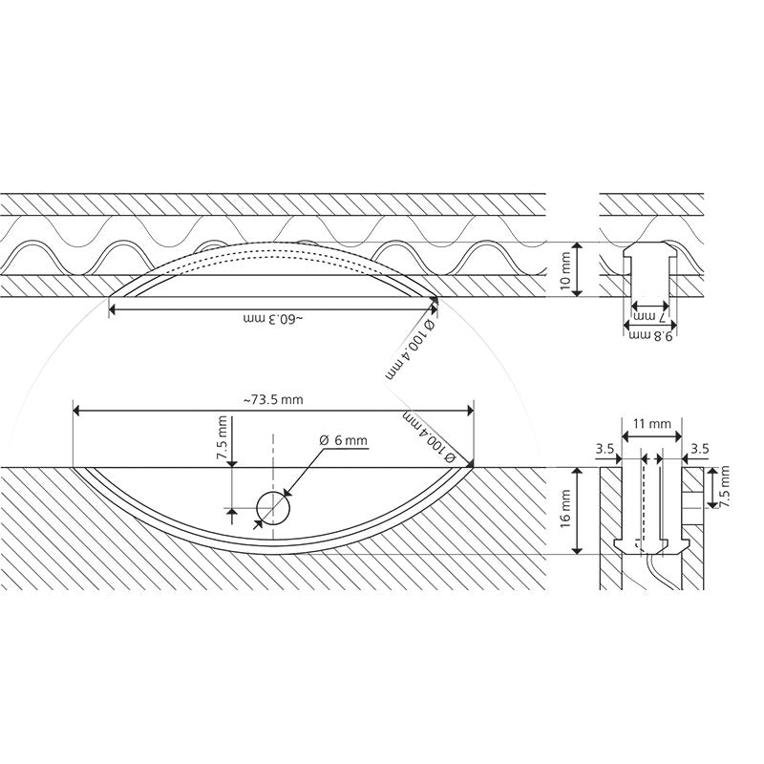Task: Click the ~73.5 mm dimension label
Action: [x=273, y=400]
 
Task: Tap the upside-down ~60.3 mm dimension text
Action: [x=273, y=319]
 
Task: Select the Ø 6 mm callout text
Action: [x=344, y=440]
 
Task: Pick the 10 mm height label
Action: [x=564, y=271]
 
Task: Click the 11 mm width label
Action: [x=652, y=423]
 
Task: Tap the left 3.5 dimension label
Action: [x=605, y=449]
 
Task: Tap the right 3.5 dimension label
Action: [x=700, y=449]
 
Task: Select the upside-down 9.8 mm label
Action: [x=650, y=336]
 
